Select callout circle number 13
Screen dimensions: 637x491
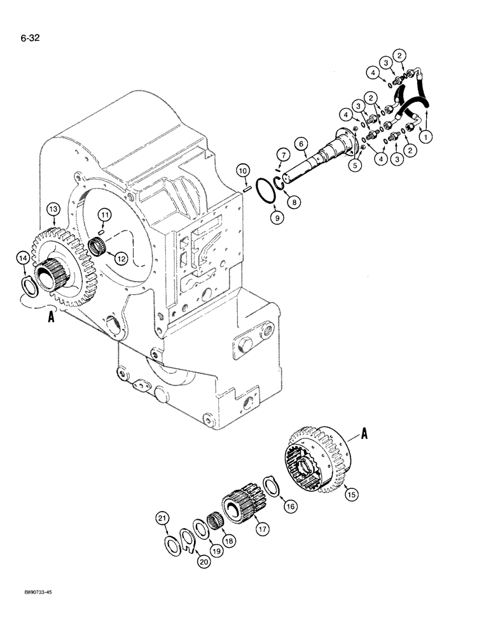pos(52,210)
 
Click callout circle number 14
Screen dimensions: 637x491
pos(22,258)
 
